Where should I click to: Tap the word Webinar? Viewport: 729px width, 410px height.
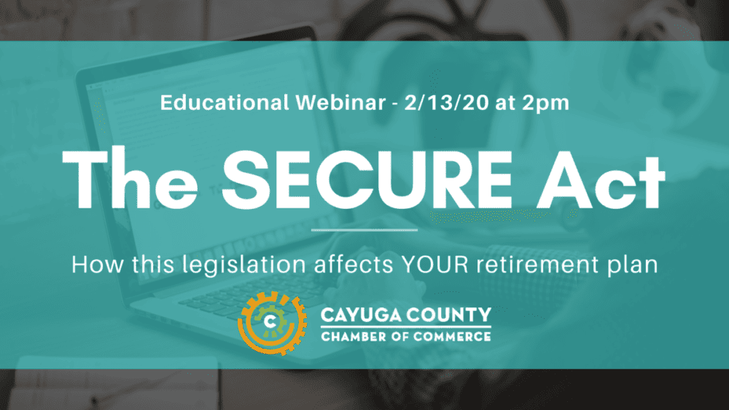[340, 103]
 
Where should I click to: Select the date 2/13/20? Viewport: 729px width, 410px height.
[446, 103]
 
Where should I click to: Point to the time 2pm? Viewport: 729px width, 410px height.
[545, 104]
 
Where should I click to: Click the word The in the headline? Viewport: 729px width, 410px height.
[130, 178]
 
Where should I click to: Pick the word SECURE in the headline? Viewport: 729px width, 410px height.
[367, 178]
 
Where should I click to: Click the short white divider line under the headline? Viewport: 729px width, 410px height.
[364, 230]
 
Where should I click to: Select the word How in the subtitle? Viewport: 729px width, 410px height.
[98, 264]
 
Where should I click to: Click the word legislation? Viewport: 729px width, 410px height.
[244, 266]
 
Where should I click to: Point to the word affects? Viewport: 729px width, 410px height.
[354, 264]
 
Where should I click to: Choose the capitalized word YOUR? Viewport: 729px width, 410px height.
[434, 264]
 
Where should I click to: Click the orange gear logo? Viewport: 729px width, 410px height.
[272, 323]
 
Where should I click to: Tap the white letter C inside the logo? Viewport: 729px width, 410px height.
[270, 321]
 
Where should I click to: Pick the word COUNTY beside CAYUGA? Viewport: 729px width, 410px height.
[449, 315]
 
